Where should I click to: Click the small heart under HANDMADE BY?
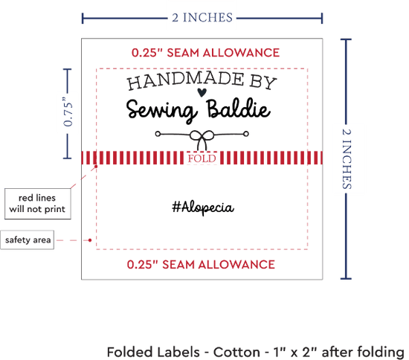202,92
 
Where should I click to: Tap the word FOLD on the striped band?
202,158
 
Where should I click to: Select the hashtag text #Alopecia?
203,208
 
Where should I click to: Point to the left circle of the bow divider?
158,134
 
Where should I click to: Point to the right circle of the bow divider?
246,134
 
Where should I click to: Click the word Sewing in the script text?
161,110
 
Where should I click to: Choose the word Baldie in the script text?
238,109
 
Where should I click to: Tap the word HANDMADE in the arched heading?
186,80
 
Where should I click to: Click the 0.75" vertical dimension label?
68,112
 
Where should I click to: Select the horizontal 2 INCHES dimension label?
202,18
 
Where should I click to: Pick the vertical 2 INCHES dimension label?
347,159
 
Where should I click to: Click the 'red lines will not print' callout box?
38,204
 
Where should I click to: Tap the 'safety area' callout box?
28,240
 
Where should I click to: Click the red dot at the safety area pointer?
90,240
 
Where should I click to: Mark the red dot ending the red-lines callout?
96,167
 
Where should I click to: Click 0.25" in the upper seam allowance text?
147,53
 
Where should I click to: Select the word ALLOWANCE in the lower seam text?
236,265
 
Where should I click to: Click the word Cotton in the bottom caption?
236,352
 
